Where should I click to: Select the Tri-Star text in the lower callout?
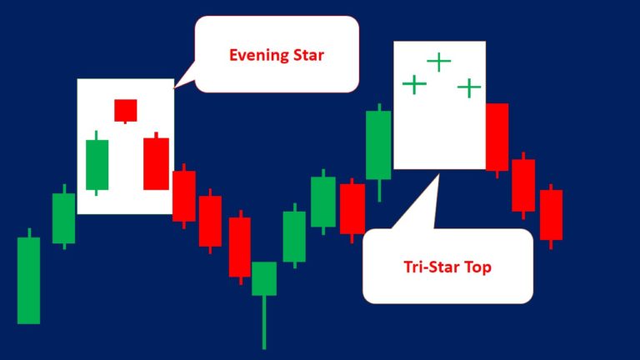(x=427, y=267)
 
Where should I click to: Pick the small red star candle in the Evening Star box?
(x=125, y=109)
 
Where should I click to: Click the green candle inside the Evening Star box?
(x=97, y=164)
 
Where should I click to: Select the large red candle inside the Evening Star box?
(x=156, y=163)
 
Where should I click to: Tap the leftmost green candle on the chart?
(x=28, y=280)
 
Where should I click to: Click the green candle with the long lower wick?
(x=264, y=278)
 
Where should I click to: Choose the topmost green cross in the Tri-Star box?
(x=438, y=61)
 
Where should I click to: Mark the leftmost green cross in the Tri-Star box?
(x=414, y=84)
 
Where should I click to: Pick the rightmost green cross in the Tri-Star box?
(x=469, y=87)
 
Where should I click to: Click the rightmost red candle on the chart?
(x=551, y=214)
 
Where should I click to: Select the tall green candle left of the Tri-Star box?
(x=378, y=145)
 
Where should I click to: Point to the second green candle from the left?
(x=63, y=217)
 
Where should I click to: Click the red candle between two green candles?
(x=352, y=208)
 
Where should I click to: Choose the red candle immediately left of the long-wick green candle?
(x=239, y=247)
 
